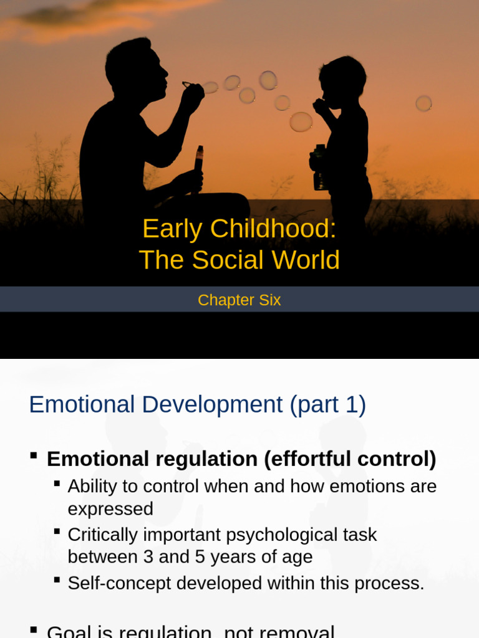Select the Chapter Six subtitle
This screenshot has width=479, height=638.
click(239, 300)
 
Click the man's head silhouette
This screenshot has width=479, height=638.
click(134, 65)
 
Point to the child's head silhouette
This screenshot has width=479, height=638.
click(342, 80)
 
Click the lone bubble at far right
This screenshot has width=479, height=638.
click(423, 103)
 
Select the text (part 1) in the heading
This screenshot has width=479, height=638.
click(327, 405)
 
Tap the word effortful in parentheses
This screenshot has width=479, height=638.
click(309, 459)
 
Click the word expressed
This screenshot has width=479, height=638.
click(110, 509)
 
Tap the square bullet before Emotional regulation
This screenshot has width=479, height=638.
click(34, 457)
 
